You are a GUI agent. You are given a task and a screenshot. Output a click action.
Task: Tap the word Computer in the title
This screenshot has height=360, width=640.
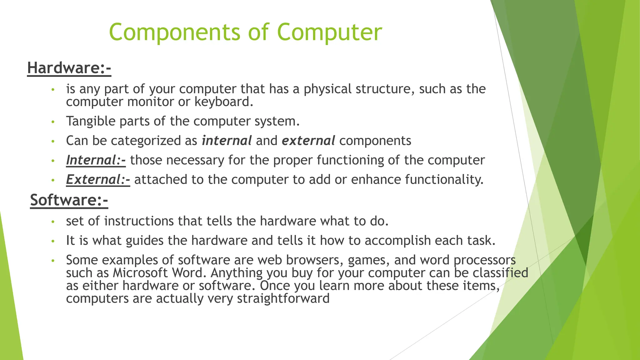329,32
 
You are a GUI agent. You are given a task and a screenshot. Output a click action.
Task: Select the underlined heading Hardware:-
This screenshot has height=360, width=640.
69,68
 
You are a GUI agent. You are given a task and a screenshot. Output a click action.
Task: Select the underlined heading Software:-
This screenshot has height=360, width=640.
69,200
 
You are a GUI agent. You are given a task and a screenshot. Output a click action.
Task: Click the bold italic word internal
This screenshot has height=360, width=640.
227,141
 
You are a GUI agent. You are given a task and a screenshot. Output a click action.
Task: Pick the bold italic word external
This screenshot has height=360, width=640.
308,141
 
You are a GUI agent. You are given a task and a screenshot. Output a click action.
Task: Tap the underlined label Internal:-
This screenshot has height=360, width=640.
96,160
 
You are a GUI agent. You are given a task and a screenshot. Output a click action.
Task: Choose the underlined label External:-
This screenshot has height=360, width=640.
98,180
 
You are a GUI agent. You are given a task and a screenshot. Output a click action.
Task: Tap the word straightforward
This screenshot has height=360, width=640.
283,298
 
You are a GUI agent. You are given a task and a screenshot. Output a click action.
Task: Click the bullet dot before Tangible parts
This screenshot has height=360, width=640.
53,122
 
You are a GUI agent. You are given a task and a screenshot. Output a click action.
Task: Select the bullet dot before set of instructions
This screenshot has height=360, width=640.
53,222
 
